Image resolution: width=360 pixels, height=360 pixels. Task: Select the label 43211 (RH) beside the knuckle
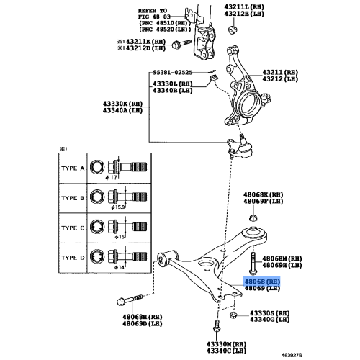(x=280, y=73)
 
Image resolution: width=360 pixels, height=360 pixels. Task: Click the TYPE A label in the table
(x=72, y=168)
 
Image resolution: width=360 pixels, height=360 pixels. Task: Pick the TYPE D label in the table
(x=72, y=256)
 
